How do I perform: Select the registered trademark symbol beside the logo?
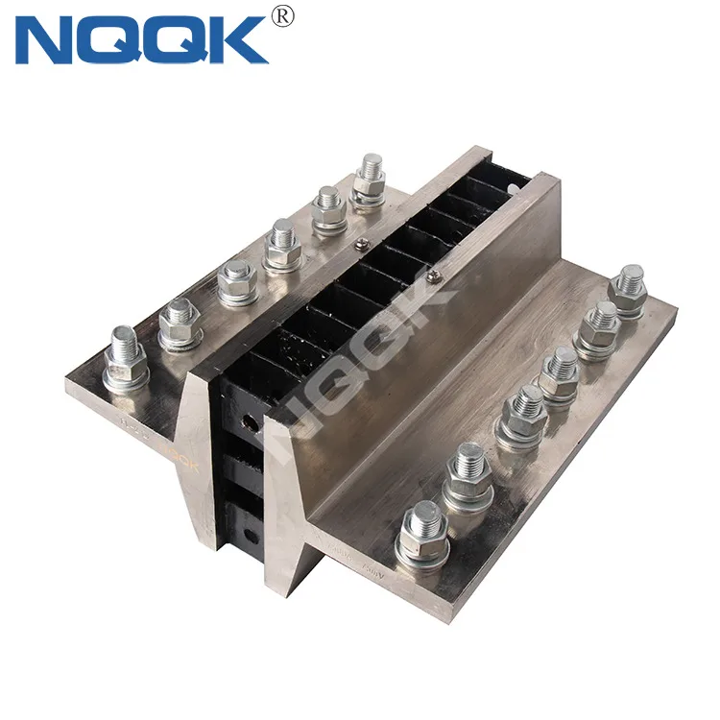pos(282,15)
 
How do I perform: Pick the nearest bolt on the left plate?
pos(125,356)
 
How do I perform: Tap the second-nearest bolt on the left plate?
pos(179,322)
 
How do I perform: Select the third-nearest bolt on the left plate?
pos(235,281)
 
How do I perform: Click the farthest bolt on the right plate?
pos(628,289)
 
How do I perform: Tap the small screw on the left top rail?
pos(361,247)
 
